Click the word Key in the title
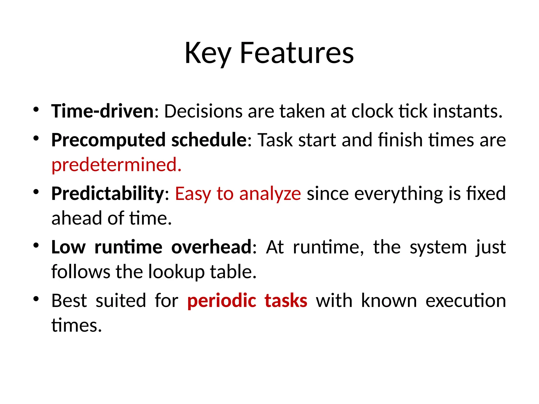[208, 53]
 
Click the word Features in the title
[297, 53]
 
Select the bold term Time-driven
[102, 111]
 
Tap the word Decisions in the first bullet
[203, 111]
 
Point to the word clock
[372, 111]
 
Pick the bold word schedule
[209, 140]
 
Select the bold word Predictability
[108, 194]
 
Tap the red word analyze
[270, 194]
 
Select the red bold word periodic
[222, 301]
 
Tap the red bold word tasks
[286, 301]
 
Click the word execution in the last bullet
[466, 301]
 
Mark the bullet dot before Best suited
[36, 299]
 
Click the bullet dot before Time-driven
[36, 109]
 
